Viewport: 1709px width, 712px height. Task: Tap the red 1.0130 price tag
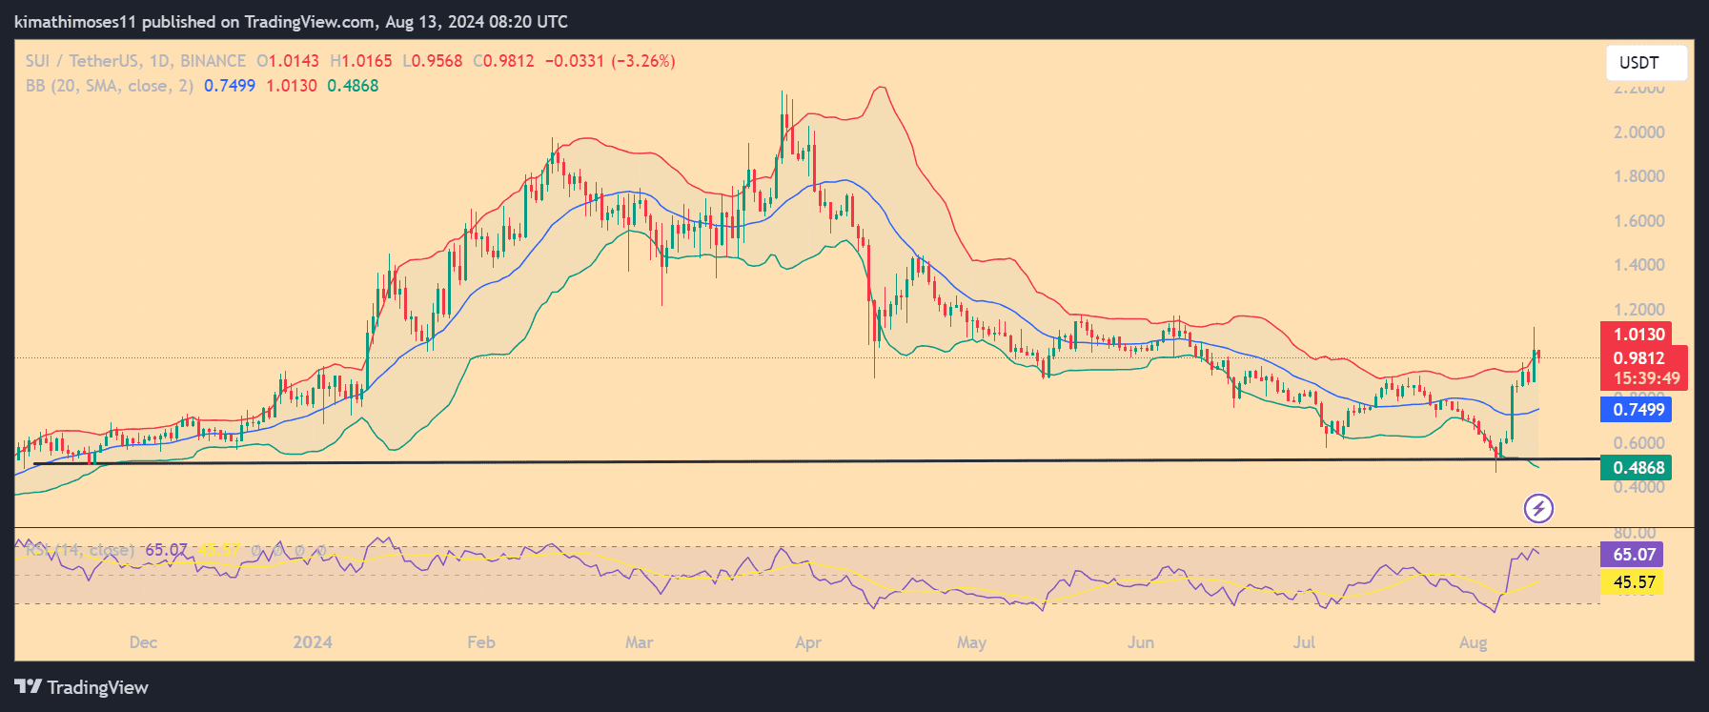1638,335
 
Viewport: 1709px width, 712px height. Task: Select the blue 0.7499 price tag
1638,410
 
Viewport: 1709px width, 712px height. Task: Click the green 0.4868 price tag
1638,468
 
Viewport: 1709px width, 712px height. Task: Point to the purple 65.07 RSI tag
1634,555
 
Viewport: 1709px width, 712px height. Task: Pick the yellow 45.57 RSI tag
1634,582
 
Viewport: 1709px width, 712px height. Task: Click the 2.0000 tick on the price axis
1638,132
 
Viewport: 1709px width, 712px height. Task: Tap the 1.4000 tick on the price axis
1638,265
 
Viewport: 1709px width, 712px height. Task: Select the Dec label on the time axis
143,642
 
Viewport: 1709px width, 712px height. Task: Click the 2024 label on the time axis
313,642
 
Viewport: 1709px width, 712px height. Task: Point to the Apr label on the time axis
808,642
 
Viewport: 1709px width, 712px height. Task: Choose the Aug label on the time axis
1473,642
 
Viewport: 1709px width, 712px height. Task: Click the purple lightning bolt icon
1538,509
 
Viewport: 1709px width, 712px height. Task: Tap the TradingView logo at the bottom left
82,687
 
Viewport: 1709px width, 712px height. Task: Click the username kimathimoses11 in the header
75,21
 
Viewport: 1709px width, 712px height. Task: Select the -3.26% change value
643,61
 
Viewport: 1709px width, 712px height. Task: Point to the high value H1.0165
361,61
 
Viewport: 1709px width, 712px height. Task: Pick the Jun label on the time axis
1141,642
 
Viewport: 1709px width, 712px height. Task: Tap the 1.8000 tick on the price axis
1638,176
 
